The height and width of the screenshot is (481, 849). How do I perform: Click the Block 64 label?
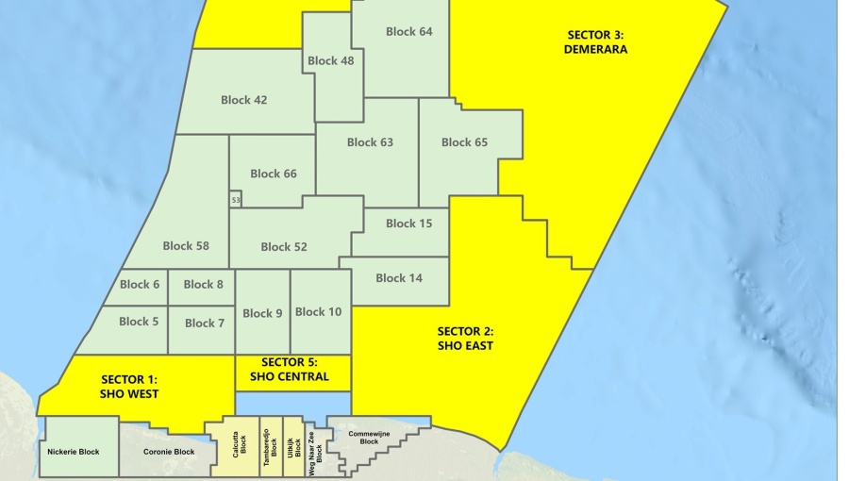[408, 32]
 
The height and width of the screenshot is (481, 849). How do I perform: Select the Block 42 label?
[243, 100]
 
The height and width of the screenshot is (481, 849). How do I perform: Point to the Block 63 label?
[370, 143]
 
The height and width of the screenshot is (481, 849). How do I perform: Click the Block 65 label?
[464, 143]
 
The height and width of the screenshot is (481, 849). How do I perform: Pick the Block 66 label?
[274, 174]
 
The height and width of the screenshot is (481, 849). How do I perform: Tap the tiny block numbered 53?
[236, 201]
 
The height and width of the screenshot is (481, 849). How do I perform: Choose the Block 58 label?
[186, 246]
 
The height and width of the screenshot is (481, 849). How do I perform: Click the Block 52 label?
[284, 247]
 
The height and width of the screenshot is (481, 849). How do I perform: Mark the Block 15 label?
[408, 224]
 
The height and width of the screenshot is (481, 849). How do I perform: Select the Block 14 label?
[399, 278]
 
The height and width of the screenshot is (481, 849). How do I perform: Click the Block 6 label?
[139, 285]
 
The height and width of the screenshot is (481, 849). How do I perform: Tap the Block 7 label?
[205, 323]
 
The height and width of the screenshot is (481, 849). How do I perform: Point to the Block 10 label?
[318, 312]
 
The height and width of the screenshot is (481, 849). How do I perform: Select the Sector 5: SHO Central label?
[290, 370]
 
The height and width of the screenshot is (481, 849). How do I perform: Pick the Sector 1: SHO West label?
[129, 387]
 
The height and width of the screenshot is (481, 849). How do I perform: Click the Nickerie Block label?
[73, 452]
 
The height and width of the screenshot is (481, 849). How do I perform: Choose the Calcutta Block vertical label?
[241, 446]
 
